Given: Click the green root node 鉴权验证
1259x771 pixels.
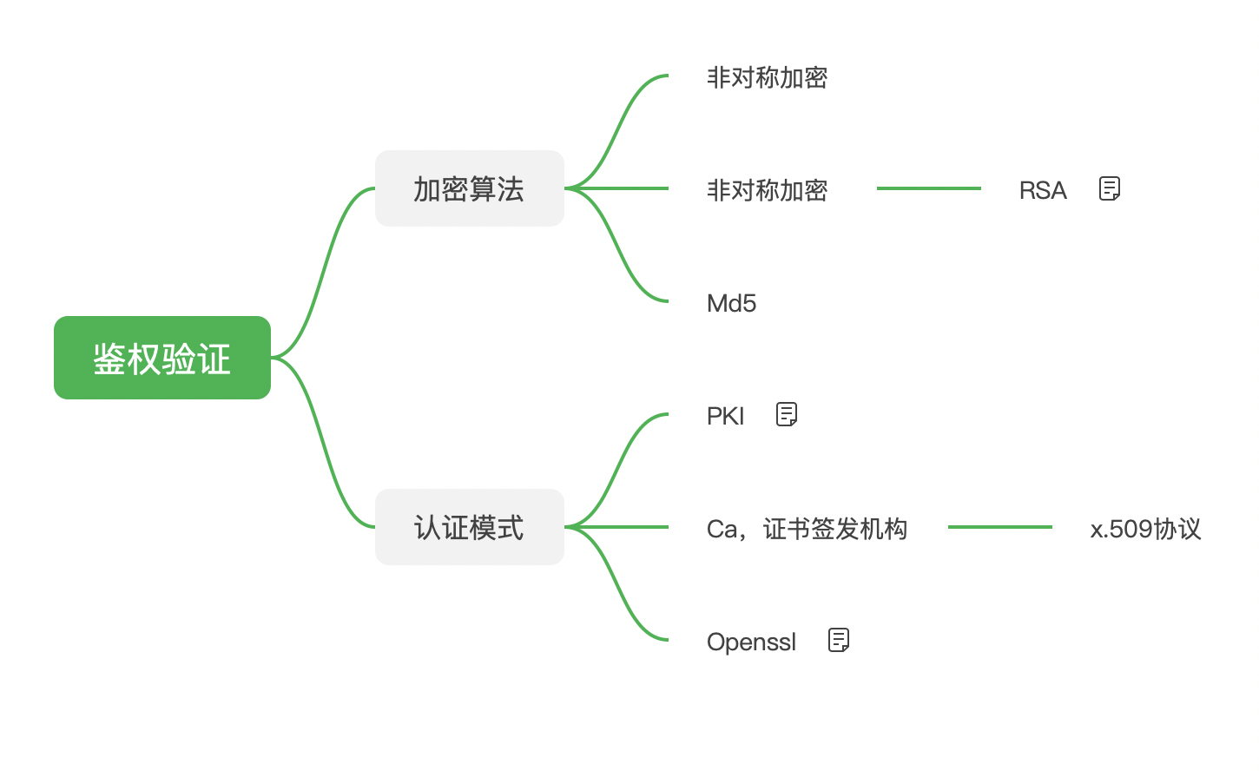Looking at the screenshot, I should tap(162, 358).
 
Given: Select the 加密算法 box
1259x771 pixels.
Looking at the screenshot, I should tap(469, 188).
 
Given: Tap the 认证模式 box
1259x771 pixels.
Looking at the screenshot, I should tap(469, 527).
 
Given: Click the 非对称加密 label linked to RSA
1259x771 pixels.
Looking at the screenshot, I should tap(767, 189).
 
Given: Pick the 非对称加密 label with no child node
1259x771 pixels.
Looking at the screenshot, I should tap(767, 77).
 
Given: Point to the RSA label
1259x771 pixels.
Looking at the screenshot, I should tap(1042, 190).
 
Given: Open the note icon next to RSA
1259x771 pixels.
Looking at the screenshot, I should tap(1109, 188).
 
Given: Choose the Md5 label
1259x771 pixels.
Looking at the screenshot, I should tap(731, 303).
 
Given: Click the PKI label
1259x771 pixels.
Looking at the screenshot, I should tap(725, 416).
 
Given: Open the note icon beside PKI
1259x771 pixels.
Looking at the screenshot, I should tap(786, 414).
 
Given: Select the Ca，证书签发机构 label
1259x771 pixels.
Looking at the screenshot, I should tap(807, 529).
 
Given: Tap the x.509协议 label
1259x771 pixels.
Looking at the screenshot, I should tap(1145, 529).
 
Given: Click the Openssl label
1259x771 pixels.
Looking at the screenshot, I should tap(751, 642).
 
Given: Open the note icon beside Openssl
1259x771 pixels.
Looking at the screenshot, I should tap(838, 640).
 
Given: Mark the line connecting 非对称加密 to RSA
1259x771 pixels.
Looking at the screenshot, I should tap(928, 188).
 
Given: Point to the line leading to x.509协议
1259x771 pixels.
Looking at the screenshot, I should tap(999, 527).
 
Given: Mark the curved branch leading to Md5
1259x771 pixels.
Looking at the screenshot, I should tap(618, 252).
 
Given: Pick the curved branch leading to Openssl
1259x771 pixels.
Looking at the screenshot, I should tap(618, 590).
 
